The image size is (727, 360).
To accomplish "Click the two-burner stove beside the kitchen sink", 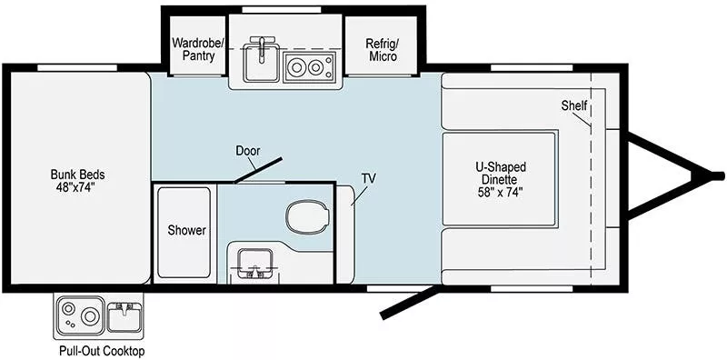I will coord(309,65).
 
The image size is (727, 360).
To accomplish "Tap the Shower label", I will coord(185,231).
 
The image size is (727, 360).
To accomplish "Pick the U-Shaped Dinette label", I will coord(501,173).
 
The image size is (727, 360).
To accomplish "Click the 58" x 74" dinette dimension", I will coord(501,192).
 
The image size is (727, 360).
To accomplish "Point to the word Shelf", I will coord(573,106).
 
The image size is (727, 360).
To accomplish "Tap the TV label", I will coord(368,177).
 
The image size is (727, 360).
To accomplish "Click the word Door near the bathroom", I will coord(248,150).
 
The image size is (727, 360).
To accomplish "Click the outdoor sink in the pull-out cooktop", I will coord(123,317).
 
